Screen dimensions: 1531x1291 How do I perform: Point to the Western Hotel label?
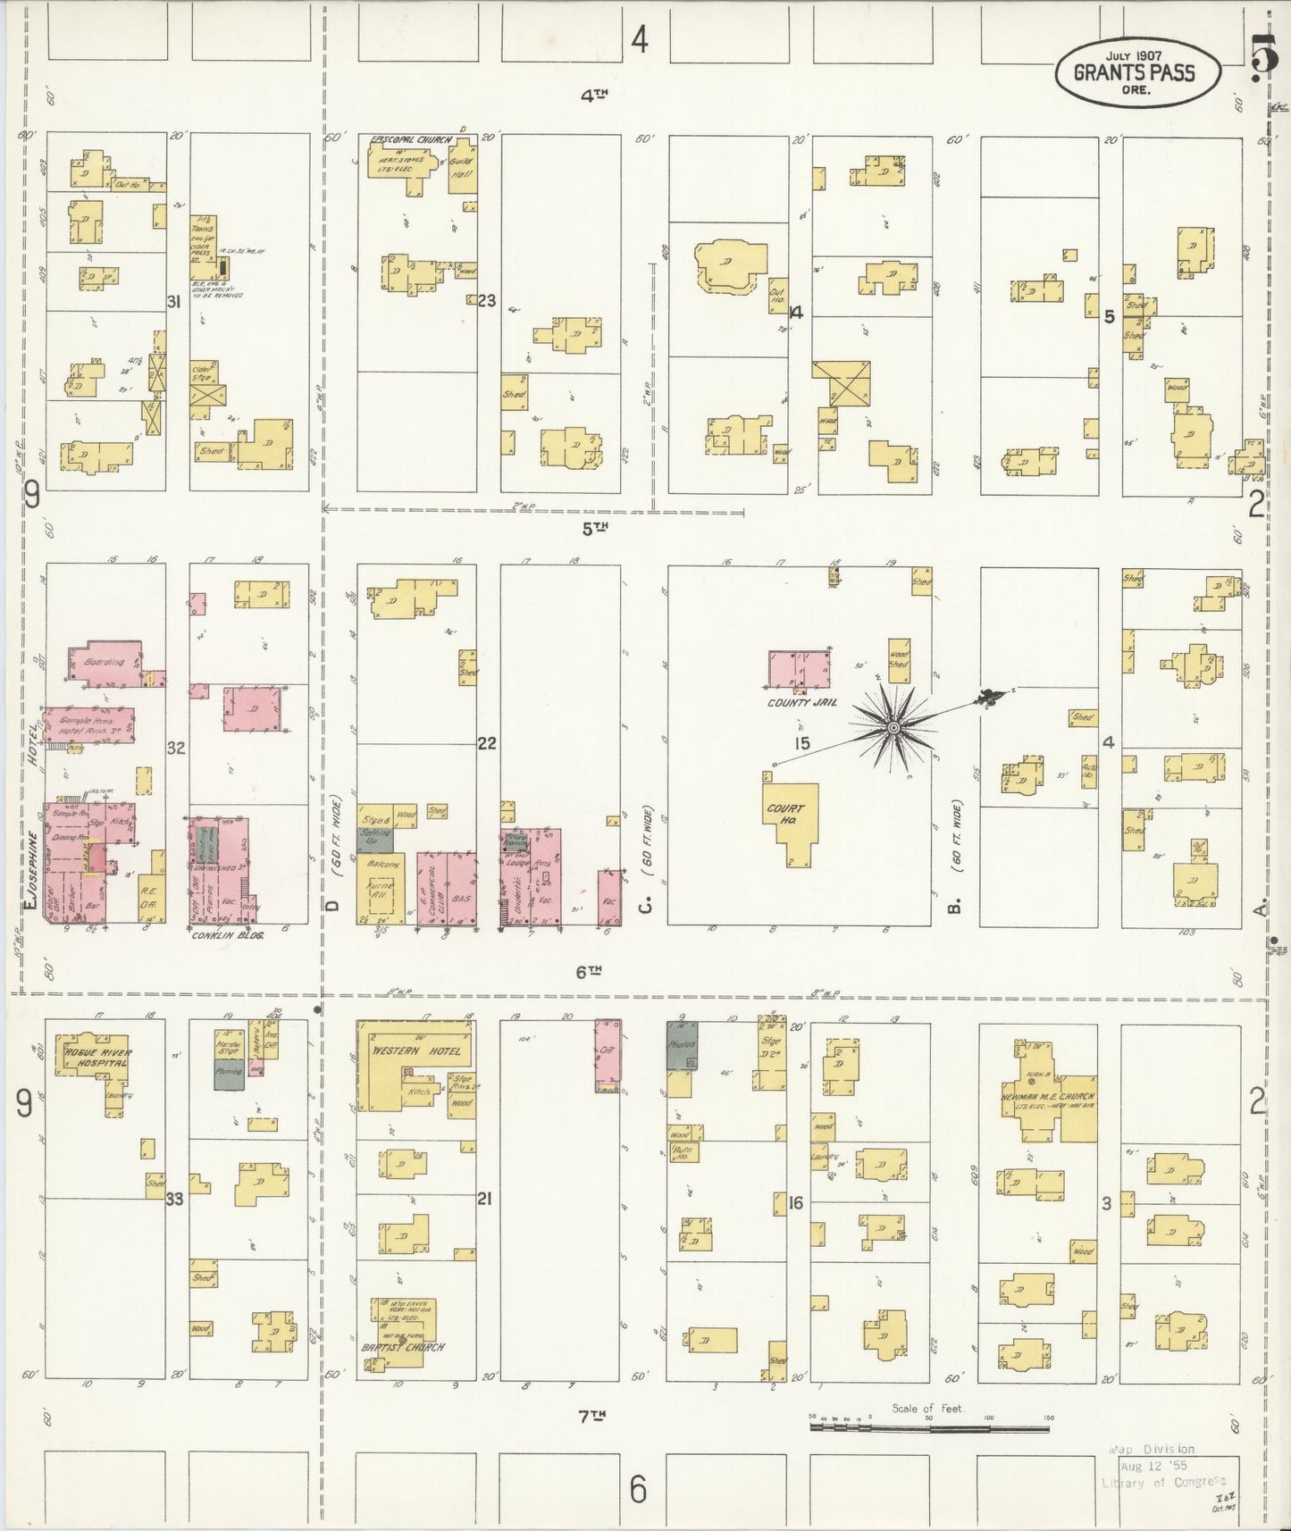(x=416, y=1050)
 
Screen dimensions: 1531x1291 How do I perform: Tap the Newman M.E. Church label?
(x=1047, y=1096)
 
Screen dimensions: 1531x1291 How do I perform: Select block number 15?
(x=801, y=743)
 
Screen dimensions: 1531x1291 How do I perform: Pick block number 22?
(x=486, y=743)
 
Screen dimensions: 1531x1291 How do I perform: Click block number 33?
(x=174, y=1199)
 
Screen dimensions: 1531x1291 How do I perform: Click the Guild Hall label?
(x=461, y=167)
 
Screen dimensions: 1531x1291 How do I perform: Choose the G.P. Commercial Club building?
(x=432, y=884)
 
